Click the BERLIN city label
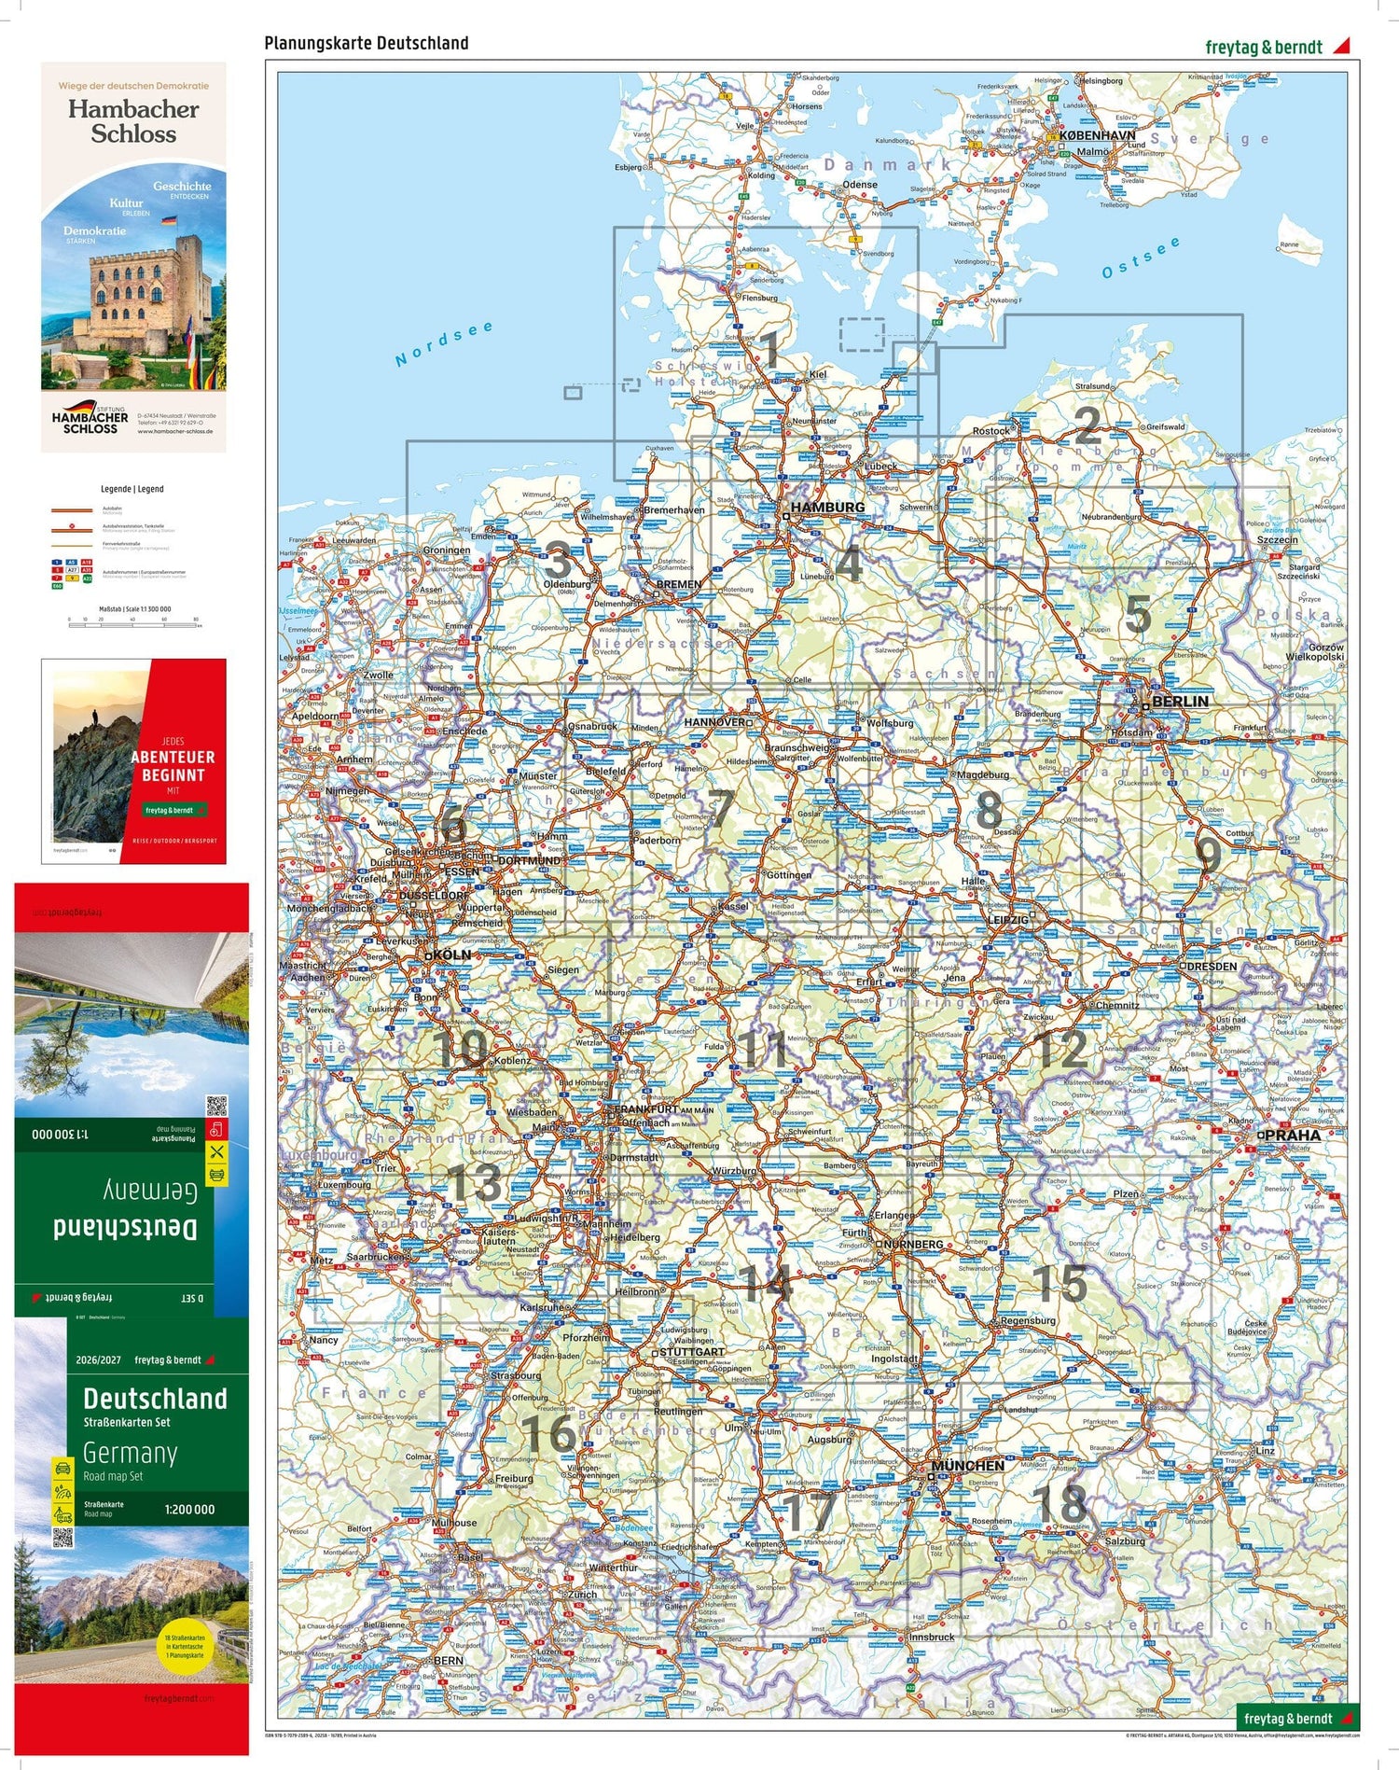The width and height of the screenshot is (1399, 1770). [1180, 702]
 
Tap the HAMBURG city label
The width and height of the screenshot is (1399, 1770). [827, 508]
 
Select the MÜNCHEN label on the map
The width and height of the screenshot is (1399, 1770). [967, 1466]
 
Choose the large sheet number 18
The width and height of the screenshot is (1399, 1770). [1060, 1501]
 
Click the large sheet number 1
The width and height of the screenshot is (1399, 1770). [769, 350]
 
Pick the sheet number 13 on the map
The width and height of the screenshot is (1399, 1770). [476, 1183]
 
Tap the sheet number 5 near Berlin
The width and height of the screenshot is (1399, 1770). [1137, 614]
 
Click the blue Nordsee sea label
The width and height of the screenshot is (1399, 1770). [443, 344]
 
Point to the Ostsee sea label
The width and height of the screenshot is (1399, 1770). [1140, 258]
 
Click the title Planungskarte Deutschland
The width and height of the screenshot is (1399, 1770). [367, 43]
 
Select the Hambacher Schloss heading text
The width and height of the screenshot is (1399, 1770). [133, 121]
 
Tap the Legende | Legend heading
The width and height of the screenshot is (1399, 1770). [132, 489]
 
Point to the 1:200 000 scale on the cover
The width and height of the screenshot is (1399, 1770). [189, 1509]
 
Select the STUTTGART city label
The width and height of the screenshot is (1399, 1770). [691, 1351]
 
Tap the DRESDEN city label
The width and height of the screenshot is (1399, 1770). [1212, 967]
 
